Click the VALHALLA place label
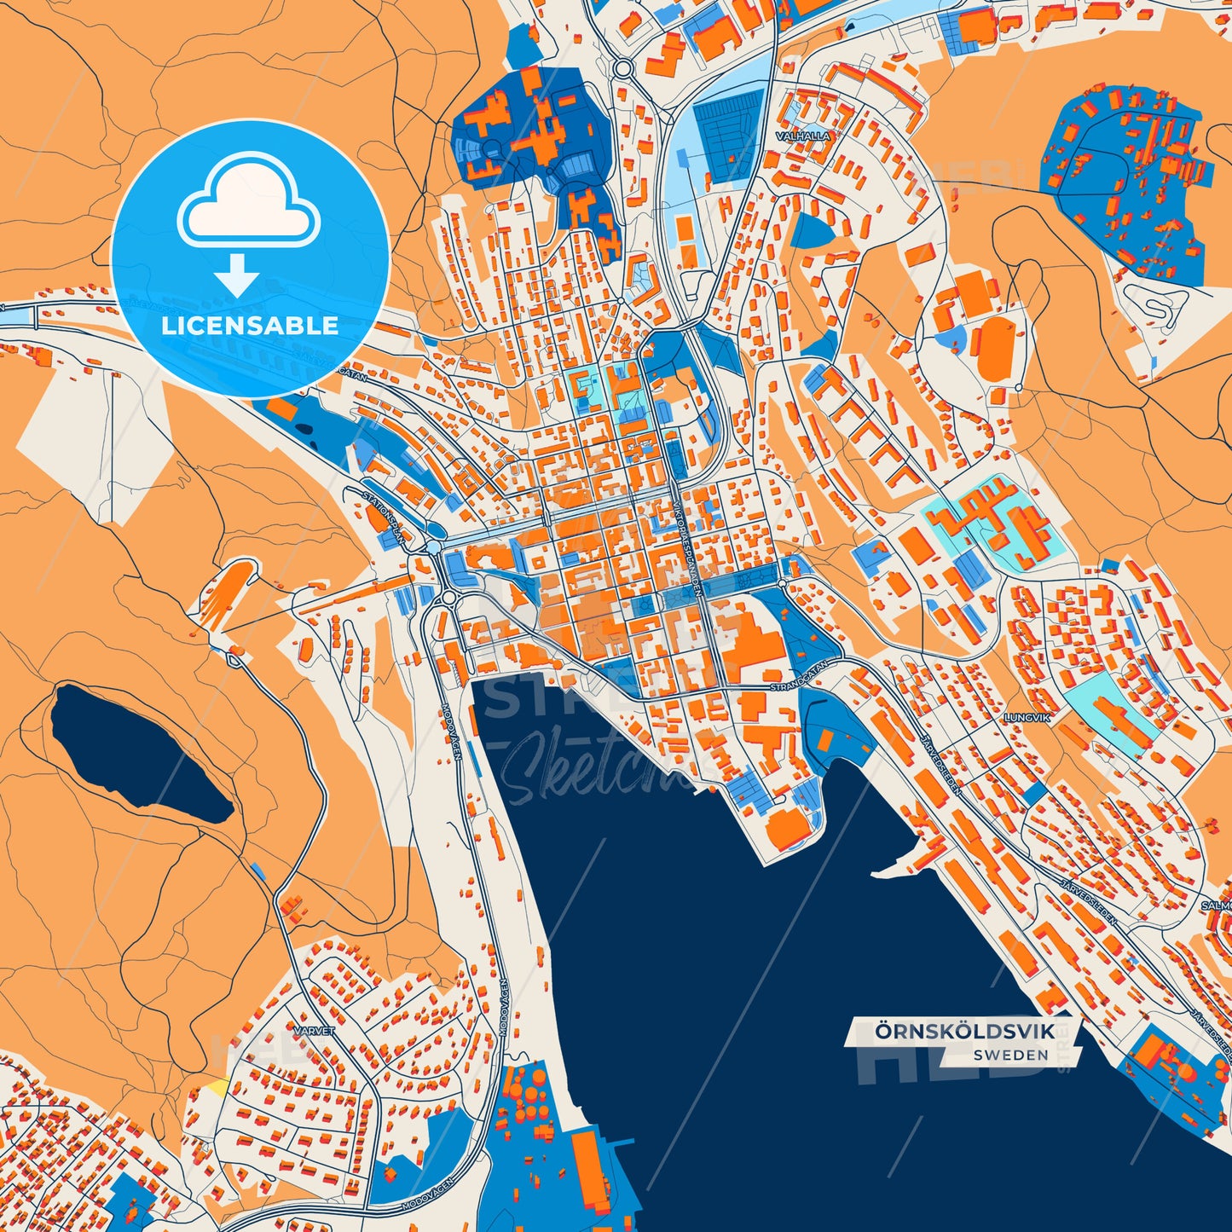click(802, 136)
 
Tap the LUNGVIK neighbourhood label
click(1027, 718)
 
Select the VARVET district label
click(314, 1030)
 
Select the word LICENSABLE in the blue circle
click(250, 326)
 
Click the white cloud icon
click(248, 205)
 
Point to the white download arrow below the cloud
click(236, 275)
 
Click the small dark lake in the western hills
click(136, 755)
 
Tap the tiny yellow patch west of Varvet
click(218, 1088)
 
